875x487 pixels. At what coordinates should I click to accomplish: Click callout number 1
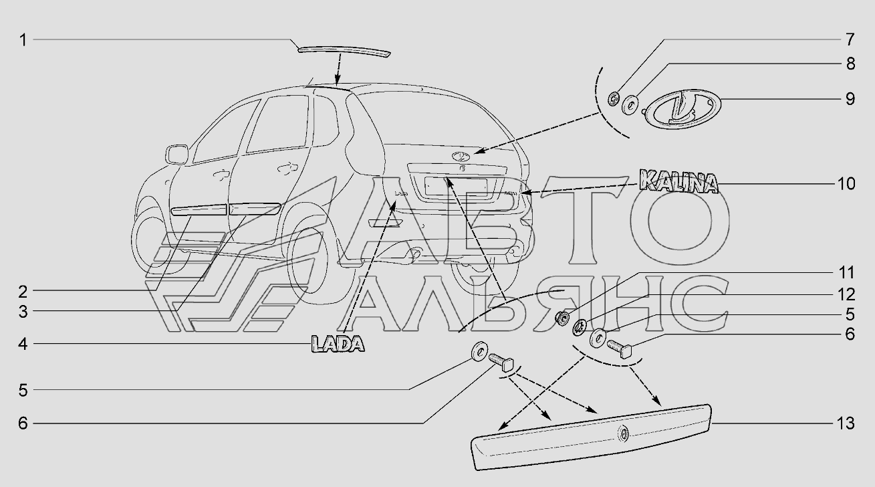click(x=23, y=40)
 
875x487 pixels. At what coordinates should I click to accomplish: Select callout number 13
click(x=846, y=423)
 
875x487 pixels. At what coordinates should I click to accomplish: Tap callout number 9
click(x=850, y=99)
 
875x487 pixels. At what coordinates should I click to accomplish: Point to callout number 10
click(x=846, y=183)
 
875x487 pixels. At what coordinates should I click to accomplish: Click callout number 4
click(x=23, y=345)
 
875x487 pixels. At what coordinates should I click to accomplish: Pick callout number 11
click(x=846, y=273)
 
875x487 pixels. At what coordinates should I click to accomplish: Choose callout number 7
click(x=850, y=37)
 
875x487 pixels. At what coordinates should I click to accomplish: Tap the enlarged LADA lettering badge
click(x=338, y=345)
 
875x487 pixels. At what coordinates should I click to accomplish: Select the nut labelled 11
click(x=563, y=316)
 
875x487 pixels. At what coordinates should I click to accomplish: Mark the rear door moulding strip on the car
click(x=255, y=208)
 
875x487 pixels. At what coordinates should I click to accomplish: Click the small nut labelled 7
click(x=614, y=99)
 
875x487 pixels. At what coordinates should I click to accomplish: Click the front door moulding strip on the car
click(x=199, y=210)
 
